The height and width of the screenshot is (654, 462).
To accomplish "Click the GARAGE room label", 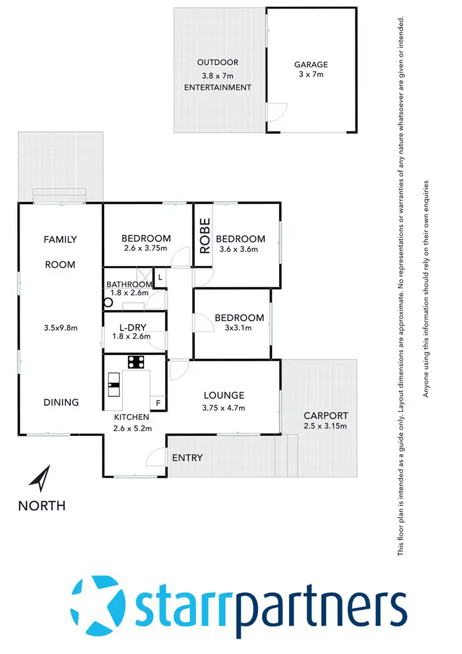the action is pyautogui.click(x=310, y=64).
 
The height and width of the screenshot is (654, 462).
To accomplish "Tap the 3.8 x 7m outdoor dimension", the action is pyautogui.click(x=217, y=75).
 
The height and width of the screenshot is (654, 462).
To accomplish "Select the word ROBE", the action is pyautogui.click(x=205, y=236).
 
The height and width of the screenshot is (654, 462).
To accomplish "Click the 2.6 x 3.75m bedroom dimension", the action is pyautogui.click(x=145, y=249).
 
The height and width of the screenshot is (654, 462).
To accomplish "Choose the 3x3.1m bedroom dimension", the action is pyautogui.click(x=238, y=328).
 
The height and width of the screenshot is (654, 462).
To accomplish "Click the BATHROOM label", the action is pyautogui.click(x=128, y=284).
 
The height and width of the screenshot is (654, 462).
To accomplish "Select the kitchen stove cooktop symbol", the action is pyautogui.click(x=136, y=362).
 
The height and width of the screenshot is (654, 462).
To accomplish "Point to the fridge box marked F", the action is pyautogui.click(x=158, y=403).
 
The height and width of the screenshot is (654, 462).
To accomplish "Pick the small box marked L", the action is pyautogui.click(x=160, y=278).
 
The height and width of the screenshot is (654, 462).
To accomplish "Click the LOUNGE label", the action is pyautogui.click(x=224, y=395).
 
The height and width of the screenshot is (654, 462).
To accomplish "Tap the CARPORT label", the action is pyautogui.click(x=326, y=415).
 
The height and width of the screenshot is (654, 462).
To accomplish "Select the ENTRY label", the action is pyautogui.click(x=187, y=457).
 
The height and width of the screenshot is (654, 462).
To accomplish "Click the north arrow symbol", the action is pyautogui.click(x=41, y=478).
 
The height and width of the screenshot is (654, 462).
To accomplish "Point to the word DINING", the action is pyautogui.click(x=61, y=402).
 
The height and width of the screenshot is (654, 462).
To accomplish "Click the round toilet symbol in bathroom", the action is pyautogui.click(x=109, y=303).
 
